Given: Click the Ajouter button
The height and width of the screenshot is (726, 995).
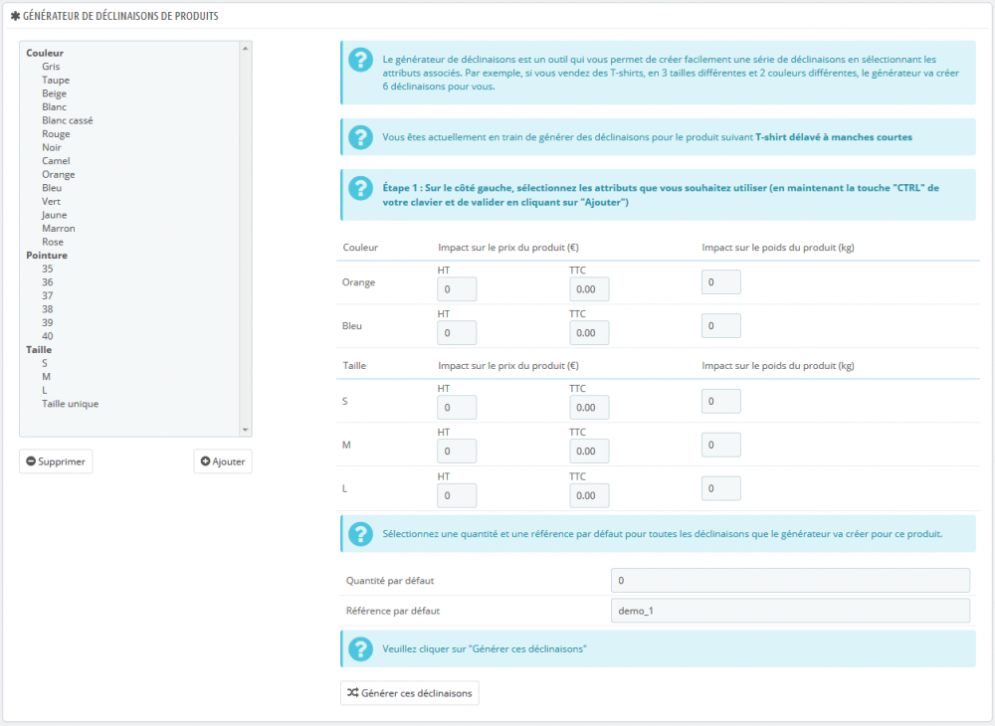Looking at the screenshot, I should pyautogui.click(x=222, y=461).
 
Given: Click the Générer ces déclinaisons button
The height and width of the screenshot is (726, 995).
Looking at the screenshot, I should pyautogui.click(x=409, y=692).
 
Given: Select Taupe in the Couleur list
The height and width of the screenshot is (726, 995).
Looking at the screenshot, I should pyautogui.click(x=56, y=80).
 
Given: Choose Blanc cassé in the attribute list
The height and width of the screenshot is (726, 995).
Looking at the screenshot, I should pyautogui.click(x=68, y=120).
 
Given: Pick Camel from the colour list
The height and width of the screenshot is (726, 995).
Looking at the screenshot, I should pyautogui.click(x=56, y=161).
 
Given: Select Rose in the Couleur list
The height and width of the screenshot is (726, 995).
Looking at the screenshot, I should pyautogui.click(x=53, y=242).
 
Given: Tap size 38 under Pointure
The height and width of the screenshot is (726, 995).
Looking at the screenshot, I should pyautogui.click(x=48, y=309).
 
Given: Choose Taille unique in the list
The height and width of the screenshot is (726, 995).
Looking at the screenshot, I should pyautogui.click(x=70, y=404).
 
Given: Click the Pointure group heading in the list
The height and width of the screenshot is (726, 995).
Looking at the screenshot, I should pyautogui.click(x=47, y=256).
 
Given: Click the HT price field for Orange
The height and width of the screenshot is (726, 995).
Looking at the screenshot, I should pyautogui.click(x=457, y=289).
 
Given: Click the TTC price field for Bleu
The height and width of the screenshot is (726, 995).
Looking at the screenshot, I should pyautogui.click(x=589, y=333).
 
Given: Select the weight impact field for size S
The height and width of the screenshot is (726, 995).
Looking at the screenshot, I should pyautogui.click(x=721, y=401).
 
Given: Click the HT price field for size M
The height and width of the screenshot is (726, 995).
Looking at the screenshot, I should pyautogui.click(x=457, y=452).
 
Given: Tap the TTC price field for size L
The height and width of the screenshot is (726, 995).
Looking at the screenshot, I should pyautogui.click(x=589, y=495).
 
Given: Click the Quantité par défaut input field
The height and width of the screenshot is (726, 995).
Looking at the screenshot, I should pyautogui.click(x=790, y=581).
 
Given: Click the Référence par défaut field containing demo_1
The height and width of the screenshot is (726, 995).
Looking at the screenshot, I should pyautogui.click(x=790, y=611).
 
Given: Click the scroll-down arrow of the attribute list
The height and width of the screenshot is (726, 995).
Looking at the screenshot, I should pyautogui.click(x=246, y=430).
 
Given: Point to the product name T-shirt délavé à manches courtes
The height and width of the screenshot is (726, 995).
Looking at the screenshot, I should pyautogui.click(x=834, y=137).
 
